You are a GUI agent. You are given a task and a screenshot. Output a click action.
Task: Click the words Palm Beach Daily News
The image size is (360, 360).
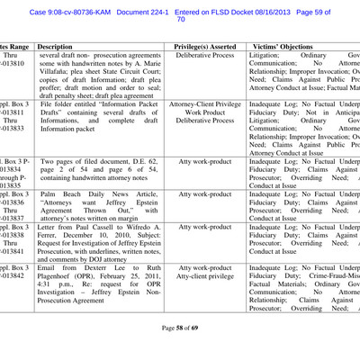tap(96, 193)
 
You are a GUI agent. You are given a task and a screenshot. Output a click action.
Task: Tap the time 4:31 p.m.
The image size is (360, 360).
tap(53, 302)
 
